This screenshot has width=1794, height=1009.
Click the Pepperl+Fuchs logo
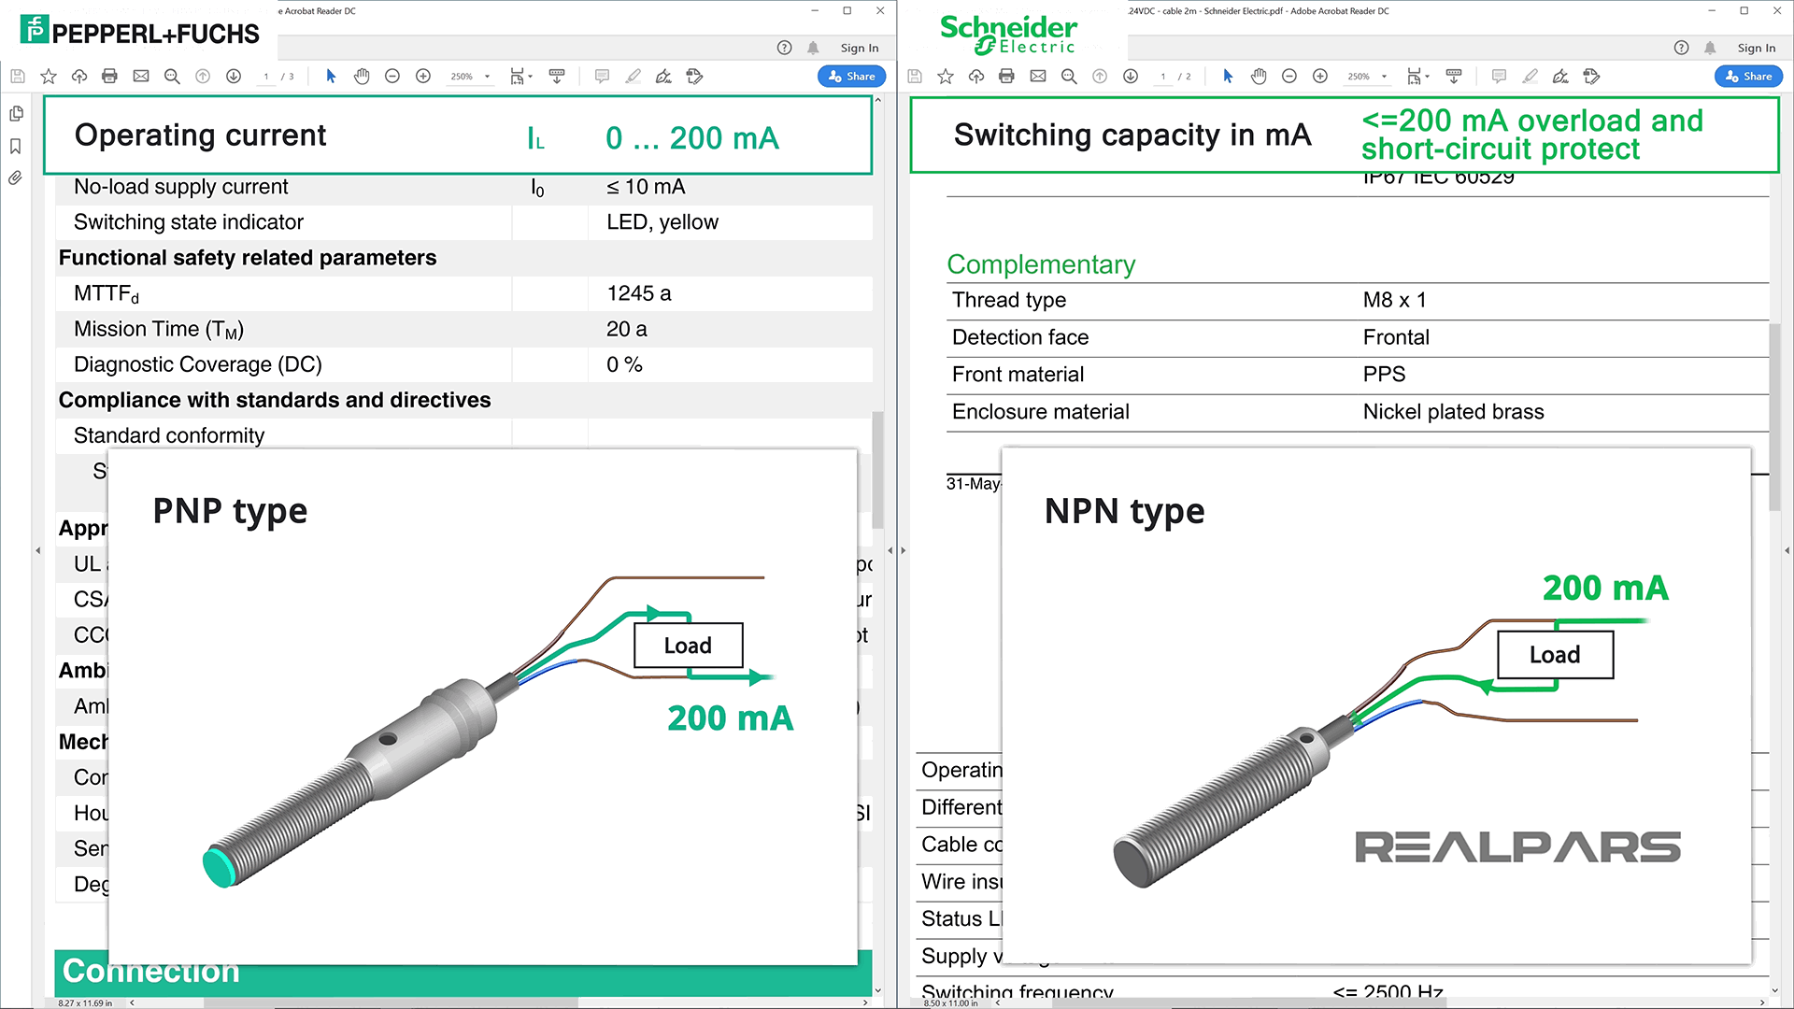click(x=140, y=32)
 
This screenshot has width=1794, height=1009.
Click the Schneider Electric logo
click(x=1008, y=35)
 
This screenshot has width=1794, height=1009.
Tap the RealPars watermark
click(x=1517, y=847)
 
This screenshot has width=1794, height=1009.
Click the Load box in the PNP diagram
click(x=688, y=646)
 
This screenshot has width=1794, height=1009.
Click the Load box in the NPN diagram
click(x=1555, y=655)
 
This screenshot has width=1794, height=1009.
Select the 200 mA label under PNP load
click(x=730, y=718)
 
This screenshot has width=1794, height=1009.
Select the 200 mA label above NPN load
click(x=1604, y=589)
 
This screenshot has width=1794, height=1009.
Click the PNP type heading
click(x=230, y=511)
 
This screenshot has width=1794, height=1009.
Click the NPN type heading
click(x=1124, y=511)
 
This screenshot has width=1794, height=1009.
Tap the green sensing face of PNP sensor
click(x=218, y=867)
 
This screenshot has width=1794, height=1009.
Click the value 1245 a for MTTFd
click(x=639, y=293)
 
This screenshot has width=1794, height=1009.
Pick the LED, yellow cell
click(x=662, y=222)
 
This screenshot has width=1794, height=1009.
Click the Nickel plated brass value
click(x=1453, y=412)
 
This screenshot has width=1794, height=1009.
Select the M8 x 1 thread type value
click(x=1394, y=300)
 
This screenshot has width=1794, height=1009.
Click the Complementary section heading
click(x=1041, y=264)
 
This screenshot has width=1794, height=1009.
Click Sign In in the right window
click(x=1756, y=48)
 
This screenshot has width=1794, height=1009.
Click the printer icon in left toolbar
click(x=109, y=77)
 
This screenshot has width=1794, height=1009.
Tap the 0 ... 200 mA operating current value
click(x=691, y=138)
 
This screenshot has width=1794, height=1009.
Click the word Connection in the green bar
click(x=151, y=972)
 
